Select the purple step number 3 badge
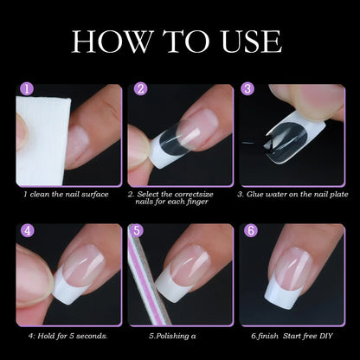click(247, 89)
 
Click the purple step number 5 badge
click(136, 231)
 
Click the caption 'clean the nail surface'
click(67, 194)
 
